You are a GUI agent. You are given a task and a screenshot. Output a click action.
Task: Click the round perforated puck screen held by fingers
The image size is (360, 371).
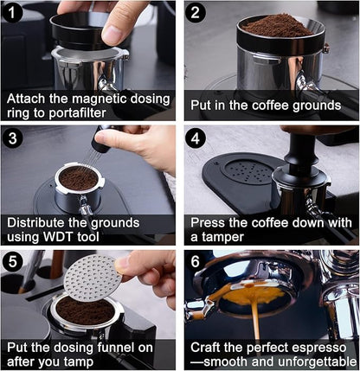pos(93,274)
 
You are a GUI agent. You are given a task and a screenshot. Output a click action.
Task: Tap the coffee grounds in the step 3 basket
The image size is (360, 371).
pos(79,179)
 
